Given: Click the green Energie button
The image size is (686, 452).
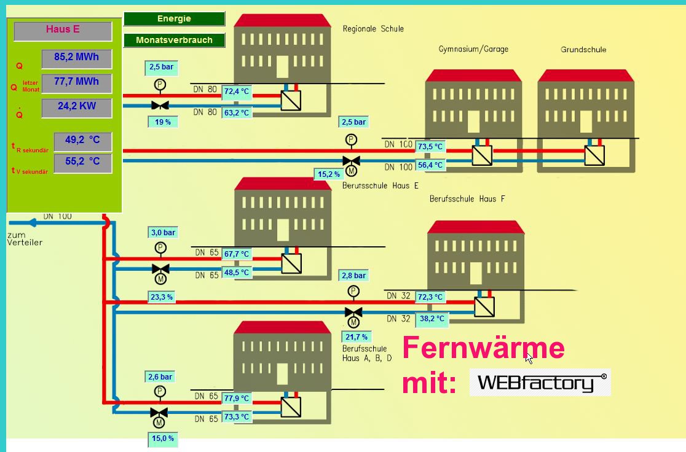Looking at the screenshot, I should tap(174, 18).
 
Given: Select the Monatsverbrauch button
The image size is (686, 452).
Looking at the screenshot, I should tap(174, 40).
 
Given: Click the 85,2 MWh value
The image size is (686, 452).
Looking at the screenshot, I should tap(76, 58).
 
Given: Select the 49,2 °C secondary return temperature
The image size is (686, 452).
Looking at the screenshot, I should tap(82, 141).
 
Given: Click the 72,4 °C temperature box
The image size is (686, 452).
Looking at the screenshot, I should tap(237, 92).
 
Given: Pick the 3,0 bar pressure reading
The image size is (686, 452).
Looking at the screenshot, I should tap(163, 233).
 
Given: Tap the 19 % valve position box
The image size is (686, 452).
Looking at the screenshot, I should tap(163, 122).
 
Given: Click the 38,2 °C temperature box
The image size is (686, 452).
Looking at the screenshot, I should tap(430, 319).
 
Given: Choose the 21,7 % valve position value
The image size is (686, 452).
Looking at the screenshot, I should tap(356, 337).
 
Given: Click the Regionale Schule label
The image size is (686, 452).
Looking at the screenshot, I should tap(373, 29).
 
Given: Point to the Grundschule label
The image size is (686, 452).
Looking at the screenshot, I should tap(583, 50).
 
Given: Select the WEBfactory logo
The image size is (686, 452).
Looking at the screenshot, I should tap(540, 383).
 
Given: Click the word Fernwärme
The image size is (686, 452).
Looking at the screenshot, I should tap(483, 348).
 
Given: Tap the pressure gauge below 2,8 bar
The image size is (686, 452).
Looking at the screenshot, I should tap(353, 290).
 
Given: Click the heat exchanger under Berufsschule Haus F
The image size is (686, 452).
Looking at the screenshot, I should tap(484, 306).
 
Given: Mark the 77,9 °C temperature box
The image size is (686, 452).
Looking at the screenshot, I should tap(237, 399).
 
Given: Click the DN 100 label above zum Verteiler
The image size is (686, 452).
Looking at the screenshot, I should tap(57, 216).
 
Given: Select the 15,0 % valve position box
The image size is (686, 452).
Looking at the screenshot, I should tap(163, 438).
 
